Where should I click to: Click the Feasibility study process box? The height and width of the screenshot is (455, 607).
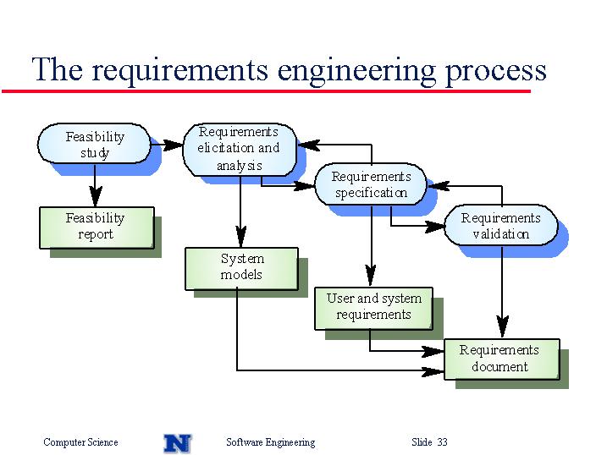pyautogui.click(x=94, y=144)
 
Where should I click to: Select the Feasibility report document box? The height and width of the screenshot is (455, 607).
pyautogui.click(x=97, y=227)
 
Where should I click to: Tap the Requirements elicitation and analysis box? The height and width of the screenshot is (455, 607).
pyautogui.click(x=240, y=150)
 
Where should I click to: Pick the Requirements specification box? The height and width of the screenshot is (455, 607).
pyautogui.click(x=371, y=184)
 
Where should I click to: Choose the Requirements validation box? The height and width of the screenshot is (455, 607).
pyautogui.click(x=501, y=225)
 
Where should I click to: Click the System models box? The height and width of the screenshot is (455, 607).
pyautogui.click(x=241, y=269)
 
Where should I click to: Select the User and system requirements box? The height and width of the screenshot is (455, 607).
pyautogui.click(x=373, y=309)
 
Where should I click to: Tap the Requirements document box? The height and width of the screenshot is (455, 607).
pyautogui.click(x=502, y=359)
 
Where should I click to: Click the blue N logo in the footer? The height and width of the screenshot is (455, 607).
pyautogui.click(x=178, y=443)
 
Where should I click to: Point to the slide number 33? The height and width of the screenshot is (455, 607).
pyautogui.click(x=442, y=441)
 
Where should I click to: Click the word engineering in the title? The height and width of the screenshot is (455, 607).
pyautogui.click(x=356, y=72)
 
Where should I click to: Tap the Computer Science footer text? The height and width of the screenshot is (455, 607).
pyautogui.click(x=80, y=441)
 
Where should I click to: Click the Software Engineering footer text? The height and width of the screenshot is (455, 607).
pyautogui.click(x=271, y=442)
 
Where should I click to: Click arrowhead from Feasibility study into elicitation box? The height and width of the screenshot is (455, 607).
pyautogui.click(x=173, y=145)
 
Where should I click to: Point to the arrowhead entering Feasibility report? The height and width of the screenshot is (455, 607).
pyautogui.click(x=95, y=197)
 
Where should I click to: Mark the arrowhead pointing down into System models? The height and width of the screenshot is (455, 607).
pyautogui.click(x=240, y=238)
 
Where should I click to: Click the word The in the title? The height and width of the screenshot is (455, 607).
pyautogui.click(x=58, y=69)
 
